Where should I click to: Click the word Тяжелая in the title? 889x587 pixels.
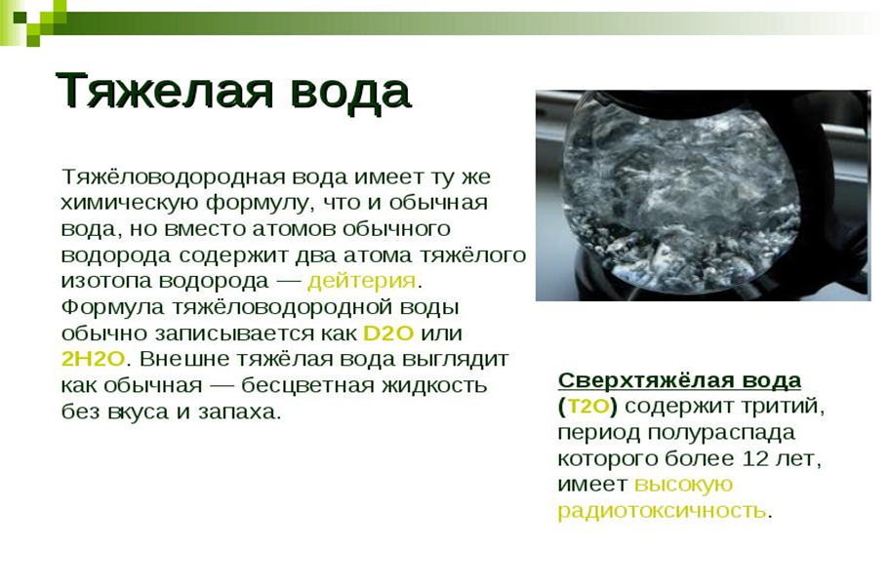click(165, 91)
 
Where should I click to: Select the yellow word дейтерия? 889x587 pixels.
click(362, 281)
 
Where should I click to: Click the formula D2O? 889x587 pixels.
click(388, 333)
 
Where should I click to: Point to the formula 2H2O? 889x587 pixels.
click(93, 359)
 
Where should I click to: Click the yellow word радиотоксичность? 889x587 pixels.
click(663, 511)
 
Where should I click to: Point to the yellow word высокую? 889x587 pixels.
click(684, 486)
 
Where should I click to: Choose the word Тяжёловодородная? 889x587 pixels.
click(173, 177)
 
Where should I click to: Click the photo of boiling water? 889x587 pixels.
click(703, 195)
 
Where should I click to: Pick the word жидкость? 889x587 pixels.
click(434, 386)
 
